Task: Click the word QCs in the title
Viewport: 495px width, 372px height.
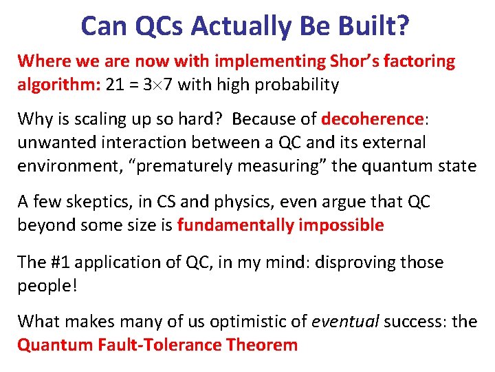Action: tap(159, 26)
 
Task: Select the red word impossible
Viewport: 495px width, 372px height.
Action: tap(342, 225)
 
